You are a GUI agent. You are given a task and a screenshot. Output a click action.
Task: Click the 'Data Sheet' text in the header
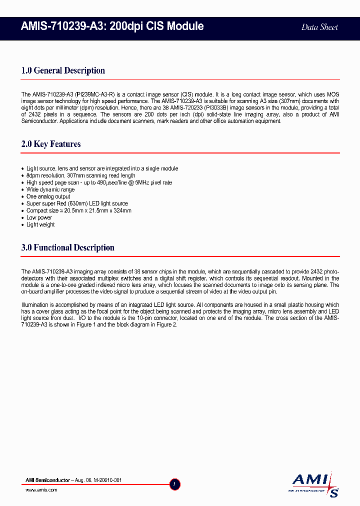(x=319, y=27)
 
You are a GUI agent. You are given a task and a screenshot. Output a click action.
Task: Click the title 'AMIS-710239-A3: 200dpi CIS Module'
(x=112, y=26)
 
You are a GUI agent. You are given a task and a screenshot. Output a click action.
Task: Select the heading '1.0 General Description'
(x=63, y=70)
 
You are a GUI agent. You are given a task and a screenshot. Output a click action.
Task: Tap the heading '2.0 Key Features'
(x=51, y=144)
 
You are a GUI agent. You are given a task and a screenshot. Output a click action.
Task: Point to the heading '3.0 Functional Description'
(x=68, y=247)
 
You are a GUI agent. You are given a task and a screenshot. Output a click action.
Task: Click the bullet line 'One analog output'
(x=48, y=196)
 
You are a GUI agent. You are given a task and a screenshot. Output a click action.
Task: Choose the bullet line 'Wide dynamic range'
(x=50, y=189)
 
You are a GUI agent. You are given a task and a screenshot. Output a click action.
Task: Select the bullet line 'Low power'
(x=39, y=217)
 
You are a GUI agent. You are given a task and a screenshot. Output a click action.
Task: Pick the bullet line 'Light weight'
(x=40, y=224)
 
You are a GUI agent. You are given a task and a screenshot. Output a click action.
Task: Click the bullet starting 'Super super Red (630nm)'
(x=77, y=203)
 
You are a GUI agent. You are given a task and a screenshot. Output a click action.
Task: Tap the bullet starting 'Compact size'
(x=78, y=210)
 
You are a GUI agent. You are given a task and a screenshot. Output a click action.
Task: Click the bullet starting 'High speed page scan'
(x=99, y=182)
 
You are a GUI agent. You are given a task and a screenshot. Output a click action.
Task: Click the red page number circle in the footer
(x=175, y=484)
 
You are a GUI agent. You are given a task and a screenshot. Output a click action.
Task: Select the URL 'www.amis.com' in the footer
(x=41, y=490)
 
